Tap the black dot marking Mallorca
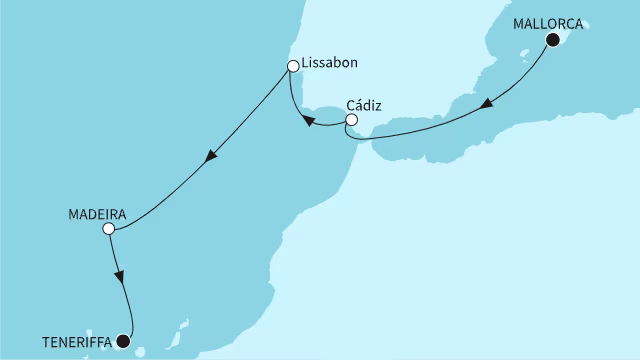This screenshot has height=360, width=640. click(553, 40)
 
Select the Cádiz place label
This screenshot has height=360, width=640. click(365, 104)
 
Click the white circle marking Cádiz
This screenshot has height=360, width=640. click(351, 122)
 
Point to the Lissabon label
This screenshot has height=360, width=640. click(329, 64)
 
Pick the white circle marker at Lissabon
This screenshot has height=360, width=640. click(293, 67)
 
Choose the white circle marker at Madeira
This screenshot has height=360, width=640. click(109, 229)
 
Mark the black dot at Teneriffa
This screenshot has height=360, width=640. click(123, 341)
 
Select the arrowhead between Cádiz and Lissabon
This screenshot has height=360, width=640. click(308, 122)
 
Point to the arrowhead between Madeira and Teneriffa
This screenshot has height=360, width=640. click(120, 277)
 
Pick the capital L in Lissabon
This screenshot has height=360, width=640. click(305, 64)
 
